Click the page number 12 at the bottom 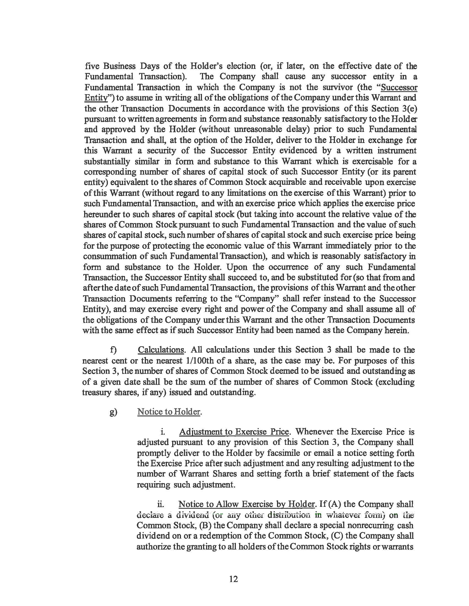click(234, 579)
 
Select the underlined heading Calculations click(161, 350)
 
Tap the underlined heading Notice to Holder click(169, 412)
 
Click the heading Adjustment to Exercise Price click(234, 432)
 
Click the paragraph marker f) click(113, 350)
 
